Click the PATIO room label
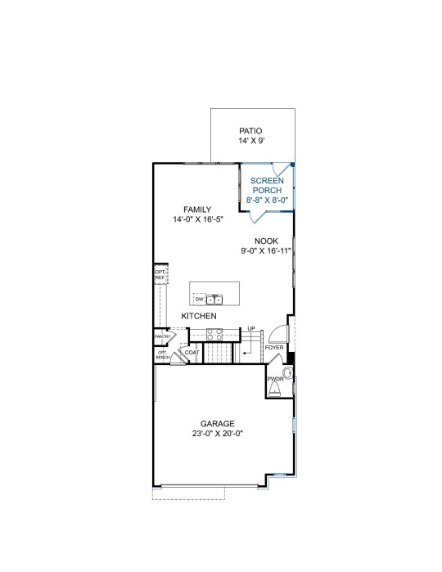click(250, 131)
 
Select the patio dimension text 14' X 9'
click(251, 141)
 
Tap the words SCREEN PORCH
click(267, 185)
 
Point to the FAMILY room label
click(197, 209)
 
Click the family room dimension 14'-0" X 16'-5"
click(198, 219)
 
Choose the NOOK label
click(266, 241)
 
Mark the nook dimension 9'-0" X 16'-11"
click(266, 250)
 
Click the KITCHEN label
click(199, 316)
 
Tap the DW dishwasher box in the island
click(199, 300)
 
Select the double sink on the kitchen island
click(214, 300)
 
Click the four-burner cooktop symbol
click(214, 335)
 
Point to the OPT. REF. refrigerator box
click(160, 274)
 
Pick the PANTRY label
click(162, 336)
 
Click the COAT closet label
click(192, 353)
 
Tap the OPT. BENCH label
click(162, 354)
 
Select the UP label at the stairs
click(251, 329)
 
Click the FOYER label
click(274, 348)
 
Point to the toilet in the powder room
click(274, 390)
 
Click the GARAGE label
click(218, 424)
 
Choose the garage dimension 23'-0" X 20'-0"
click(218, 434)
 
